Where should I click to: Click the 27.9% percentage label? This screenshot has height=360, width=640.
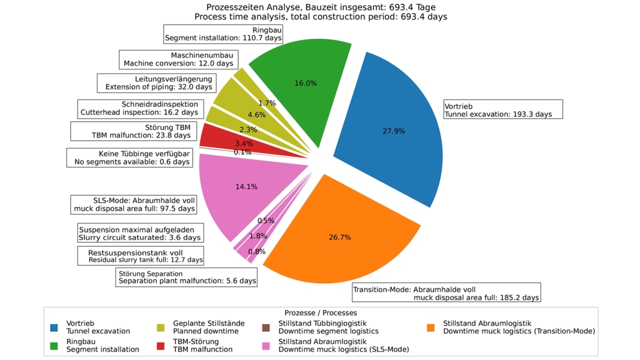click(394, 131)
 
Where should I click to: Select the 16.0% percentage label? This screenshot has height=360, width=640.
click(306, 83)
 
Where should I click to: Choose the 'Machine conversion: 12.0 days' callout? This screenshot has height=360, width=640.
click(178, 59)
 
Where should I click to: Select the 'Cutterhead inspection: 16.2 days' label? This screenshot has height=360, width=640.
click(139, 108)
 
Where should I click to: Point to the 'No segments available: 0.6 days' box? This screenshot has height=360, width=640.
click(130, 158)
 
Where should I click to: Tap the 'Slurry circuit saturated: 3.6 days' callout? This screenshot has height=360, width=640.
click(140, 234)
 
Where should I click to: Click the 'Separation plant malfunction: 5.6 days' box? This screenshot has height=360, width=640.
click(187, 277)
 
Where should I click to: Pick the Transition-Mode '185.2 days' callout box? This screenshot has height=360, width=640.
click(446, 293)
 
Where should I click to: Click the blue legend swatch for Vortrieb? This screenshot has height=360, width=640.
click(54, 327)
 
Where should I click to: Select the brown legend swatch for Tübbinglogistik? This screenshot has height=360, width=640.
click(266, 327)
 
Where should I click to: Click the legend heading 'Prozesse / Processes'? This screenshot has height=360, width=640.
click(321, 313)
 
